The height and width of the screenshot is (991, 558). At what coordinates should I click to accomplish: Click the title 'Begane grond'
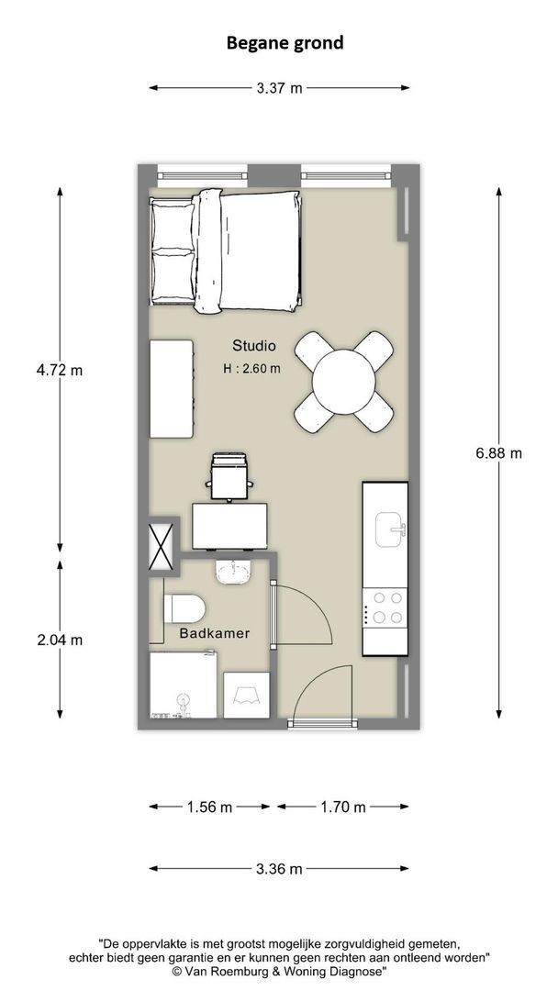pyautogui.click(x=285, y=42)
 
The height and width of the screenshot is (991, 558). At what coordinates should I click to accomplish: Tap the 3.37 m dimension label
pyautogui.click(x=279, y=88)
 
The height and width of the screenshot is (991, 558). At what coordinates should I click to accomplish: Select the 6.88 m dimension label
pyautogui.click(x=499, y=452)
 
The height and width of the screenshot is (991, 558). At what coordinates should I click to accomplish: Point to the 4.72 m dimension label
pyautogui.click(x=60, y=370)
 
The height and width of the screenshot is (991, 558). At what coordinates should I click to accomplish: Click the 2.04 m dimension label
pyautogui.click(x=60, y=640)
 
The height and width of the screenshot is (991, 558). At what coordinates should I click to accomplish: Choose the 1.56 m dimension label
pyautogui.click(x=209, y=807)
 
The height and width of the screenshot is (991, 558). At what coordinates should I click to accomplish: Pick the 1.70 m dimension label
pyautogui.click(x=343, y=807)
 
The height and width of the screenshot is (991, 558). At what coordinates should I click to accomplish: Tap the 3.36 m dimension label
pyautogui.click(x=279, y=868)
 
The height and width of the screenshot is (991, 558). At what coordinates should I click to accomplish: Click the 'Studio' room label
pyautogui.click(x=253, y=346)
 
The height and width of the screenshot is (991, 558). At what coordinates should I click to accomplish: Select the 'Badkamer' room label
pyautogui.click(x=214, y=633)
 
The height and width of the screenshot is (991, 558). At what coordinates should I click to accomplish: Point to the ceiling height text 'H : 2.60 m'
pyautogui.click(x=251, y=369)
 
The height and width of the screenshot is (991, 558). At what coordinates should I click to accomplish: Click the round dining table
pyautogui.click(x=344, y=382)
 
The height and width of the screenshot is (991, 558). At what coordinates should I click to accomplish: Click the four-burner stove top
pyautogui.click(x=385, y=607)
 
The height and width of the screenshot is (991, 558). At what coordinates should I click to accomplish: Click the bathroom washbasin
pyautogui.click(x=234, y=573)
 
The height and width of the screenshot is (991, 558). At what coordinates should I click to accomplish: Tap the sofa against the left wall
pyautogui.click(x=172, y=389)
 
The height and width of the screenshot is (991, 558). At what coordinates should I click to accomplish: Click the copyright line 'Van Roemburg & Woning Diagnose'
pyautogui.click(x=279, y=970)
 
